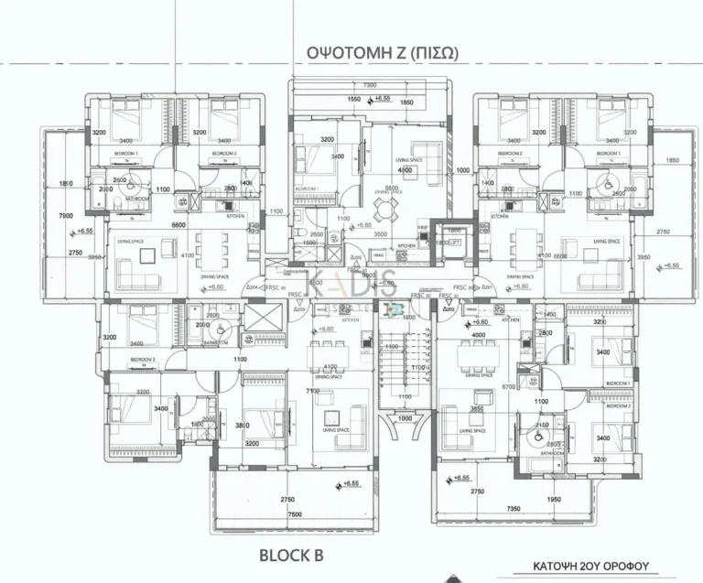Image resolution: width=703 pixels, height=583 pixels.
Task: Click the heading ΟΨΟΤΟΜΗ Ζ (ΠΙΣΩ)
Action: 371,53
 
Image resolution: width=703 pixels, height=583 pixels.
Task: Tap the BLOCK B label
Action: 291,555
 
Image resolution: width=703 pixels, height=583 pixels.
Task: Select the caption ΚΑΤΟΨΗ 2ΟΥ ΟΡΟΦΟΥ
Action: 604,567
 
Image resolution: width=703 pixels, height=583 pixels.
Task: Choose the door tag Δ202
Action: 449,309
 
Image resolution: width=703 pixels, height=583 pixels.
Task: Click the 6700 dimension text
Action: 511,387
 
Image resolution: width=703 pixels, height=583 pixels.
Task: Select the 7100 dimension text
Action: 313,391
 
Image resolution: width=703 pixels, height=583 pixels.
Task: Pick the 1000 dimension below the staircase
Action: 406,418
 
